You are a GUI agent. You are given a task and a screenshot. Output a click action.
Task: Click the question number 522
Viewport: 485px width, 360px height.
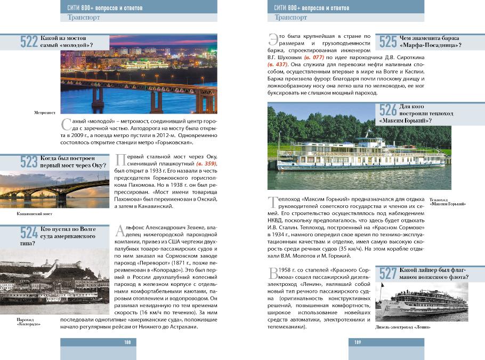[x=29, y=42]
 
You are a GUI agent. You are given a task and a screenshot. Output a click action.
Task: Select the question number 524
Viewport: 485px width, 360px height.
[x=29, y=232]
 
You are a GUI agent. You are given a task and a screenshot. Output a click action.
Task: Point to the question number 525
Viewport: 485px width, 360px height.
[x=388, y=42]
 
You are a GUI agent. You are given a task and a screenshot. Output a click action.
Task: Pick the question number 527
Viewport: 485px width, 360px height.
[x=388, y=274]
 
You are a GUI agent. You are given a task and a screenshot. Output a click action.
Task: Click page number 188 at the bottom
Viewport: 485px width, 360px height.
[x=127, y=342]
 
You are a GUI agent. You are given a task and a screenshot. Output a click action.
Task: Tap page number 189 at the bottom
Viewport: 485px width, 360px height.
[x=358, y=342]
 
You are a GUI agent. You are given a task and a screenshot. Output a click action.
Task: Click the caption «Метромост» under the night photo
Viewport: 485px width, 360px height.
[x=45, y=113]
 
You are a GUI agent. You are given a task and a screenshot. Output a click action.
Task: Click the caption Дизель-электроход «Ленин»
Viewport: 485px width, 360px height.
[x=402, y=326]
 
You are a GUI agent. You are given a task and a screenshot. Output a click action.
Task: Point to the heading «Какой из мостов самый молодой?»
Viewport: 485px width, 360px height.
[x=66, y=42]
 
